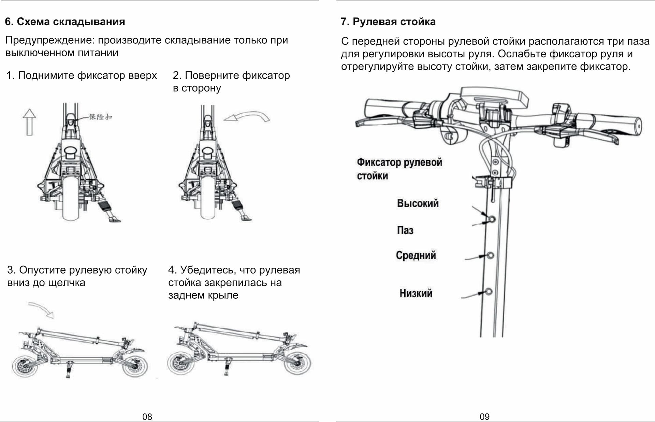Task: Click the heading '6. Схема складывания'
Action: point(65,22)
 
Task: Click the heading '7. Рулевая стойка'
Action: point(388,22)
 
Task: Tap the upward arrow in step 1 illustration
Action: point(29,122)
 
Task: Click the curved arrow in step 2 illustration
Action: point(247,116)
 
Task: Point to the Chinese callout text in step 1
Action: point(100,117)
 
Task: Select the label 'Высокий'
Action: point(418,203)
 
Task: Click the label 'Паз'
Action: point(405,230)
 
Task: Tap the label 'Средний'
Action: point(416,255)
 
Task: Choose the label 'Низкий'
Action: point(416,293)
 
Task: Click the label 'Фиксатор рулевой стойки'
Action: point(399,169)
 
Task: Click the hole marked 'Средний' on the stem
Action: point(491,255)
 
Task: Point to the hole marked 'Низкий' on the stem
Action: point(489,292)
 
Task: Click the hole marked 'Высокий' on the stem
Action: point(492,219)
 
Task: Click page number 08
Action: point(147,417)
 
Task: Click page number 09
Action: point(484,417)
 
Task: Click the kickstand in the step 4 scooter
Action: point(227,368)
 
